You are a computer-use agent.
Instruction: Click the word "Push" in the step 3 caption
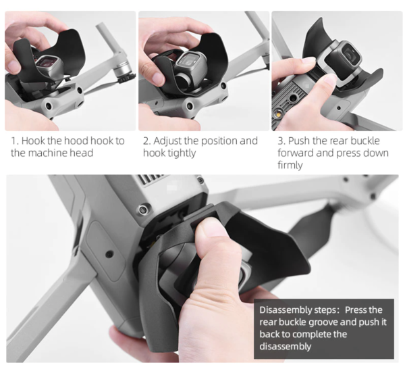[x=299, y=141]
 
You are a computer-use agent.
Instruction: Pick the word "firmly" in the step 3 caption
[x=290, y=165]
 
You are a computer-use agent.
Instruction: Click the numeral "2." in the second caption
[x=147, y=141]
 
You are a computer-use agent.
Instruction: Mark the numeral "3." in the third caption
[x=281, y=141]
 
